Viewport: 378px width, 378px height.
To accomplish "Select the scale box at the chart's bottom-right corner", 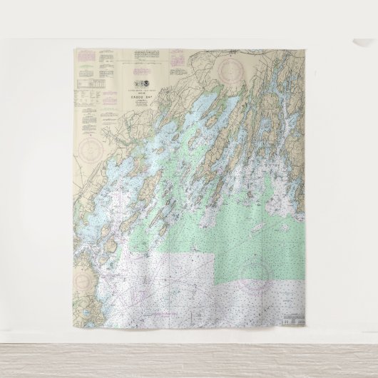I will point(293,318).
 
